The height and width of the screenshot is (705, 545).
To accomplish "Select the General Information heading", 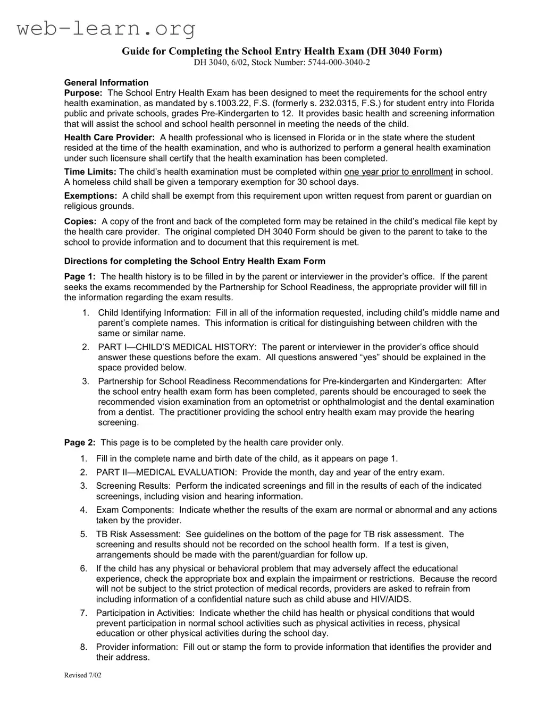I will coord(106,82).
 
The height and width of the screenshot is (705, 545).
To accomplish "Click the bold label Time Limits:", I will coord(90,172).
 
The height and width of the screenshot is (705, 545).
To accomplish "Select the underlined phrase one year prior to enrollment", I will coord(398,172).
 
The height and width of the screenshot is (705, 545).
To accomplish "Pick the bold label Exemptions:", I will coord(91,196).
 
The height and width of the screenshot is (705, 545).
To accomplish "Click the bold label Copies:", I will coord(80,222).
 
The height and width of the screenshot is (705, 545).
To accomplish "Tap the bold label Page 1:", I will coord(80,277).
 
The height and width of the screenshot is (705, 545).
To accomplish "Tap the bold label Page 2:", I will coord(80,443).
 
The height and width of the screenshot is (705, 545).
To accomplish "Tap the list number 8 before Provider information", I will coord(83,647).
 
